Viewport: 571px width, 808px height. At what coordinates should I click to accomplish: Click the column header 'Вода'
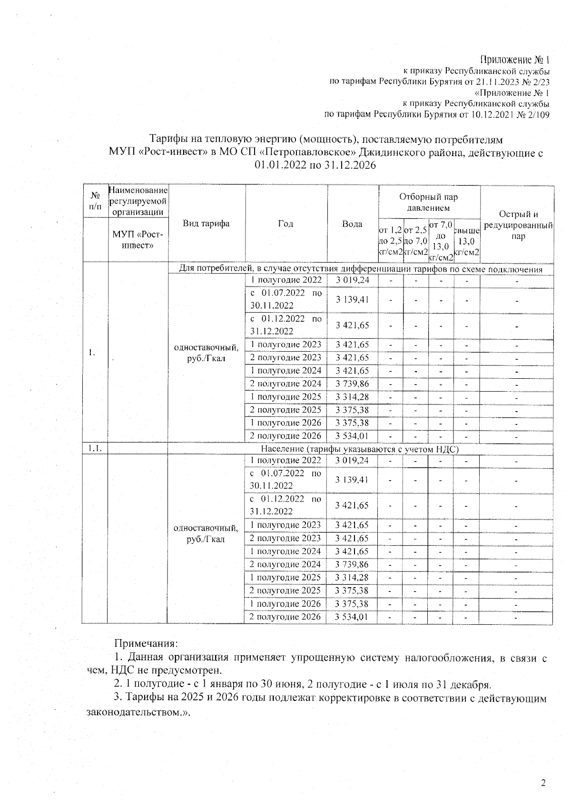[352, 224]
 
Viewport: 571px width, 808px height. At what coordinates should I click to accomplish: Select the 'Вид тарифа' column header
[206, 224]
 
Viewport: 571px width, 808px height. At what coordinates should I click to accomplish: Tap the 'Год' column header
[285, 224]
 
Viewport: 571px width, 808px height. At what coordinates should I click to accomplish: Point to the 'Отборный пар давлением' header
[429, 202]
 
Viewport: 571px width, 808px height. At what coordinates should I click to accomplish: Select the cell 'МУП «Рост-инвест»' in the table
[138, 240]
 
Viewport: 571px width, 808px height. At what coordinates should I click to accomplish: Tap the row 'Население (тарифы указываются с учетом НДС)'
[360, 448]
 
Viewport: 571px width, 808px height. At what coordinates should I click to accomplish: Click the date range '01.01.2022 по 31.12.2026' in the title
[315, 165]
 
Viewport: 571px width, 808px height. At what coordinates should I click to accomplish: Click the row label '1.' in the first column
[92, 352]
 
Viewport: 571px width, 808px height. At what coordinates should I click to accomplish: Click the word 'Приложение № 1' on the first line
[515, 60]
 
